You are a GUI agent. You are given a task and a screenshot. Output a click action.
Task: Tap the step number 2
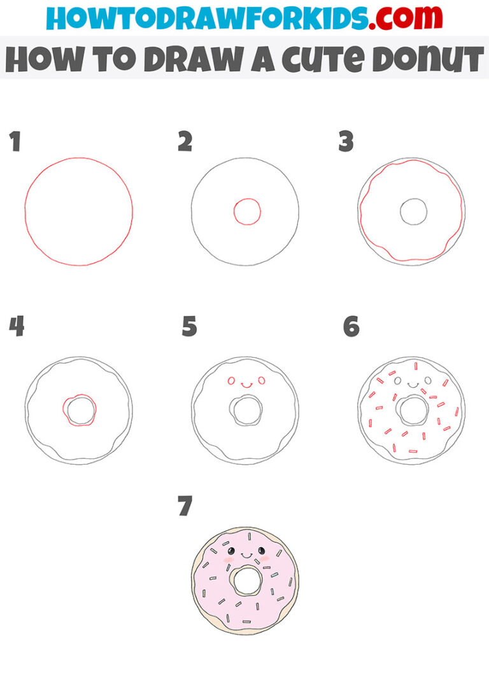[x=185, y=142]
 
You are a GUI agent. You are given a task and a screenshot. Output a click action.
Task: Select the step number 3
[x=346, y=142]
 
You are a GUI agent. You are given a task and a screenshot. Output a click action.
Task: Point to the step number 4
[x=17, y=327]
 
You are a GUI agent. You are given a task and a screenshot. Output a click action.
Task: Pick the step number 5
[x=189, y=327]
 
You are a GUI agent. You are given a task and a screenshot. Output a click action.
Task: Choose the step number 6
[x=351, y=327]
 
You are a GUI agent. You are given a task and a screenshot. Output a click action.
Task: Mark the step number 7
[x=185, y=507]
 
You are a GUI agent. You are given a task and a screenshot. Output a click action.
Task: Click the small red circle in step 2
[x=246, y=212]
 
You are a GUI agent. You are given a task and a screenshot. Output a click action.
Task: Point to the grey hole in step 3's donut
[x=413, y=212]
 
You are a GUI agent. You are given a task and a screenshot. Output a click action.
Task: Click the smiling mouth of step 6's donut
[x=412, y=385]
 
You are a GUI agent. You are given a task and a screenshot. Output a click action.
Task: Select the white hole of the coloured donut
[x=245, y=580]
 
